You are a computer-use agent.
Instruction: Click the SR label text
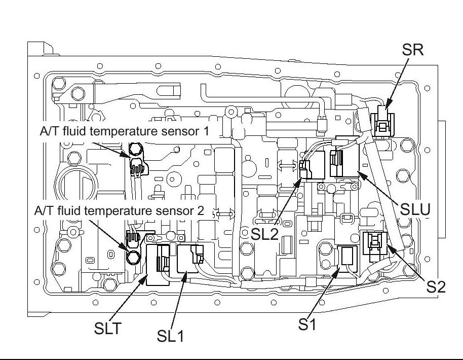click(412, 50)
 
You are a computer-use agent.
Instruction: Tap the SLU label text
click(415, 209)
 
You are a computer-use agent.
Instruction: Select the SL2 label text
click(264, 234)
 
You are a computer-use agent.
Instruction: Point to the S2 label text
click(436, 286)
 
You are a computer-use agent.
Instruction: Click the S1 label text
click(307, 325)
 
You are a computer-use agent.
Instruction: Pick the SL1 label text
click(170, 336)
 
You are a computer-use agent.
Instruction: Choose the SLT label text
click(107, 328)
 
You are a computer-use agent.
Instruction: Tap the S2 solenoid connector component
click(375, 243)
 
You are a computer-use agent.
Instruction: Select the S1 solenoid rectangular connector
click(348, 256)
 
